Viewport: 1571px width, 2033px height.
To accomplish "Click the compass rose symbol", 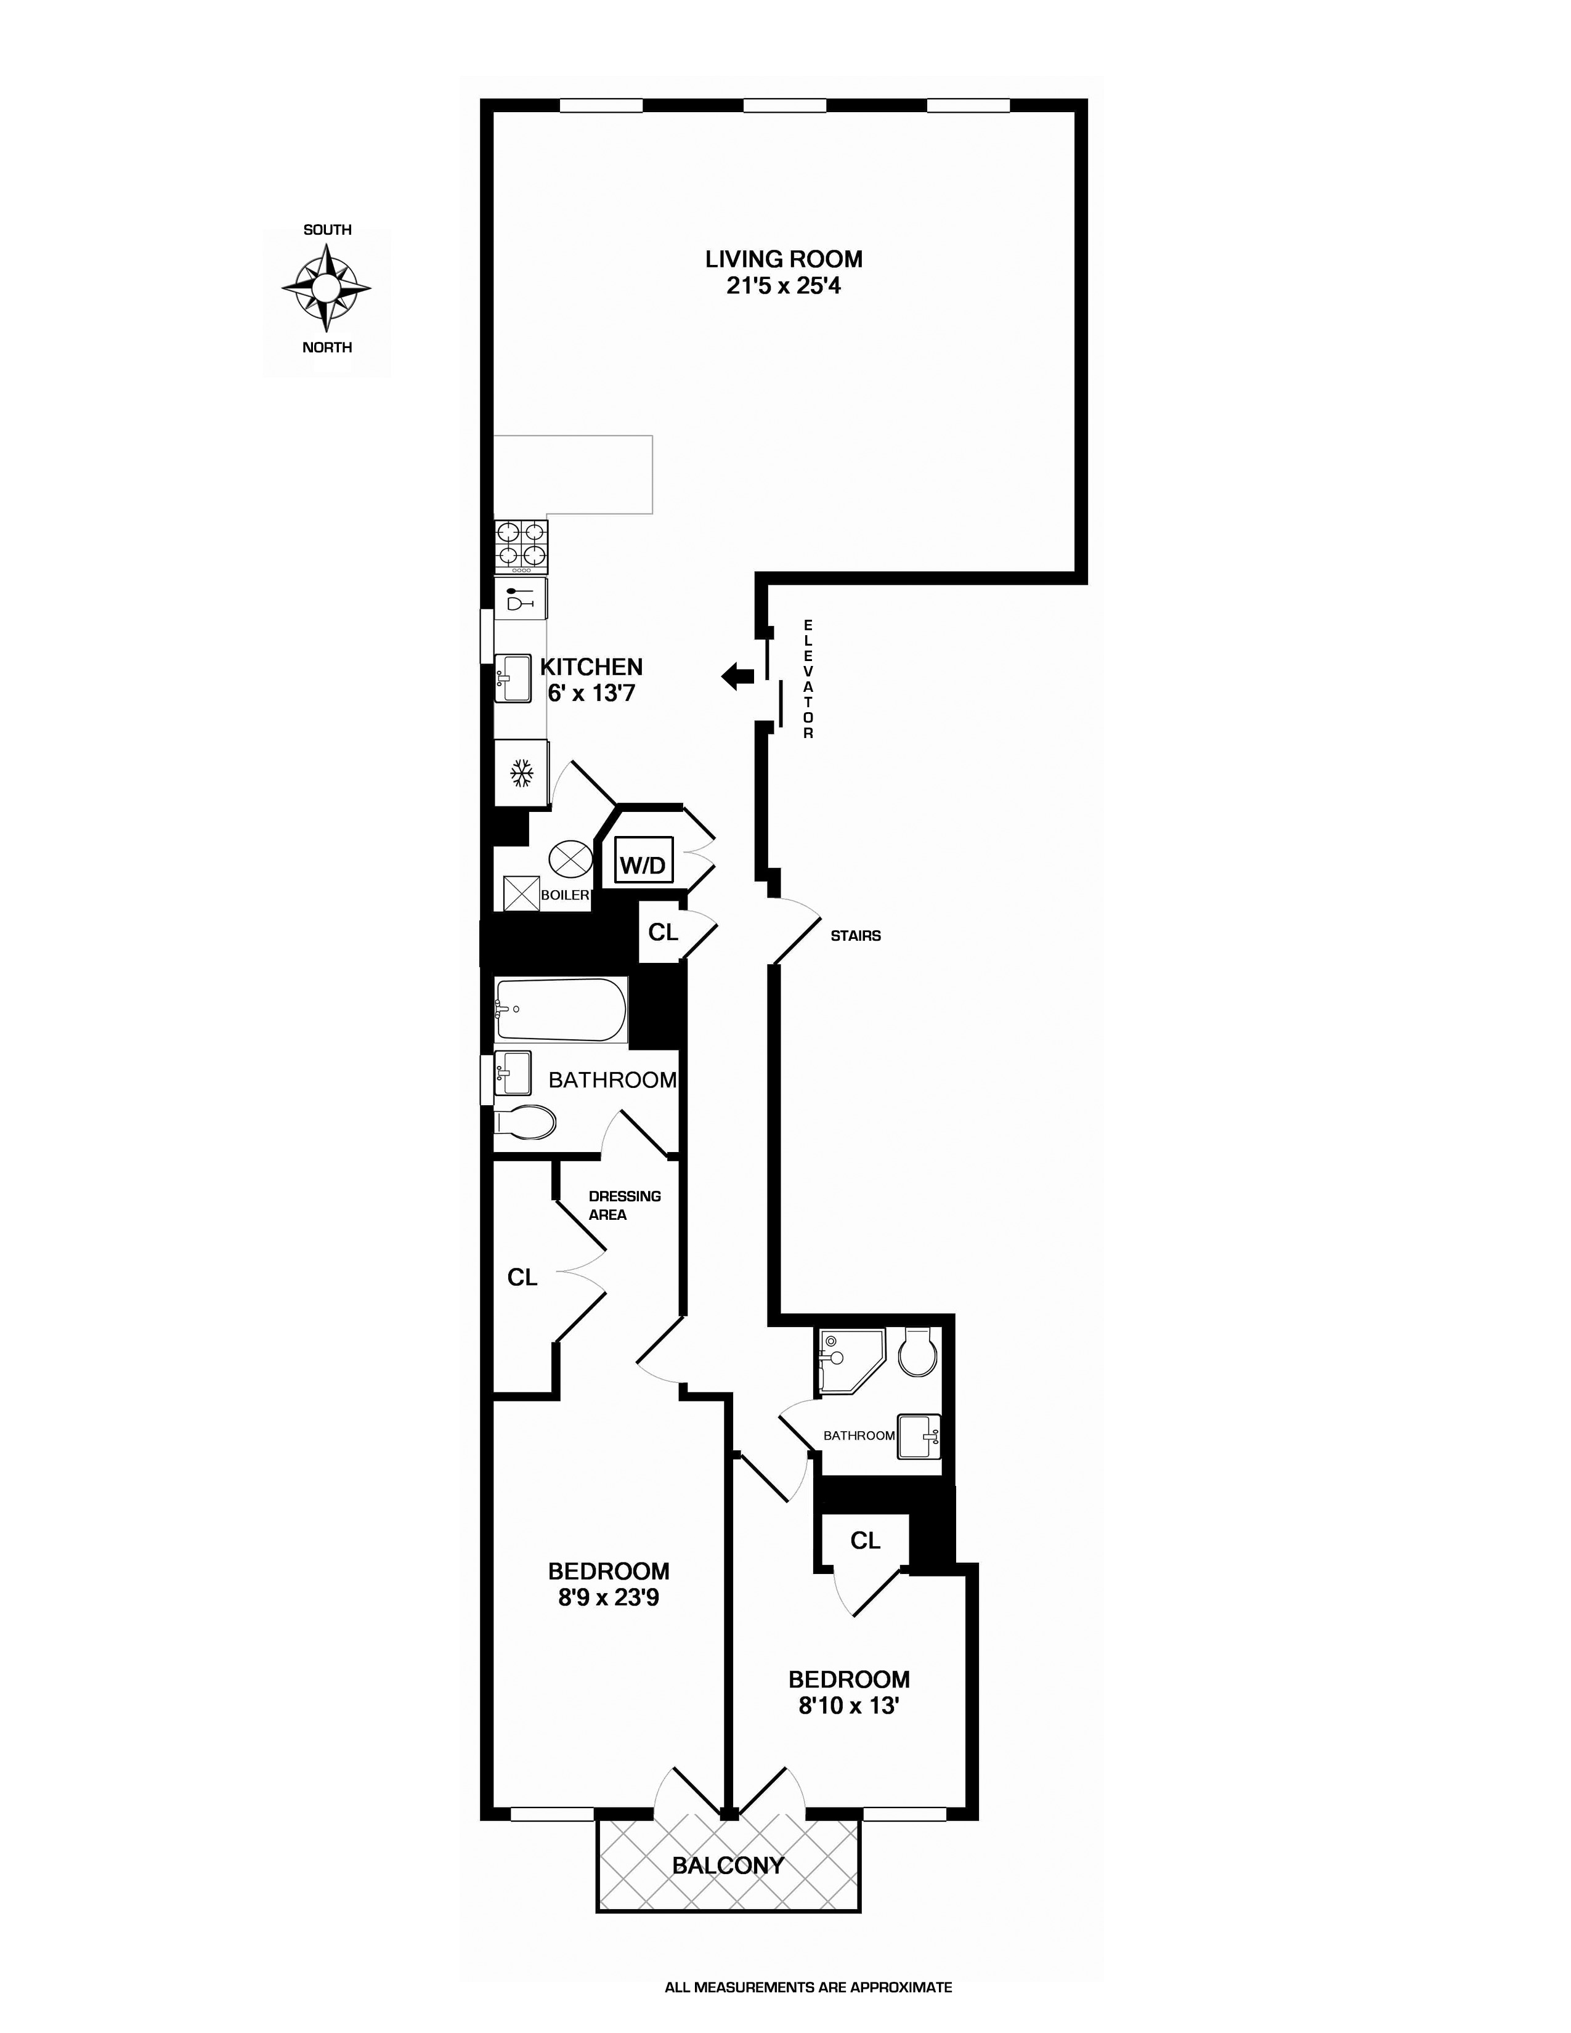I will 327,288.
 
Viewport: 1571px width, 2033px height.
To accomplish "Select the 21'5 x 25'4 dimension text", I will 784,286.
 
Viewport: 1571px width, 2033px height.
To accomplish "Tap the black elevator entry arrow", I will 739,676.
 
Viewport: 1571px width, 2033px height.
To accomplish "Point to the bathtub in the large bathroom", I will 560,1009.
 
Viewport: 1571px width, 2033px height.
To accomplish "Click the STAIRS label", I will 855,936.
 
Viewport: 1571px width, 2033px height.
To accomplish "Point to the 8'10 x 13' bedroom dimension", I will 848,1706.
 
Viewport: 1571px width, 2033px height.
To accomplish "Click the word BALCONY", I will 728,1865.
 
